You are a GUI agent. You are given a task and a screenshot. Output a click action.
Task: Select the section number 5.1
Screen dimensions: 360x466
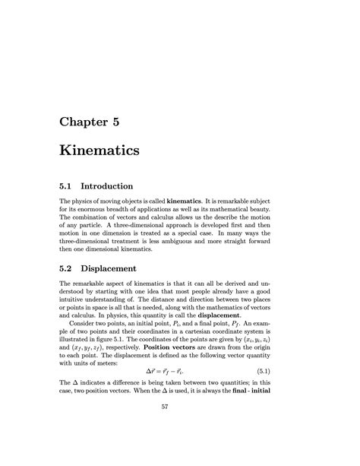coord(68,185)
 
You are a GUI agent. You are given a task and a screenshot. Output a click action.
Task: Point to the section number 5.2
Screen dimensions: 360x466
coord(68,268)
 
